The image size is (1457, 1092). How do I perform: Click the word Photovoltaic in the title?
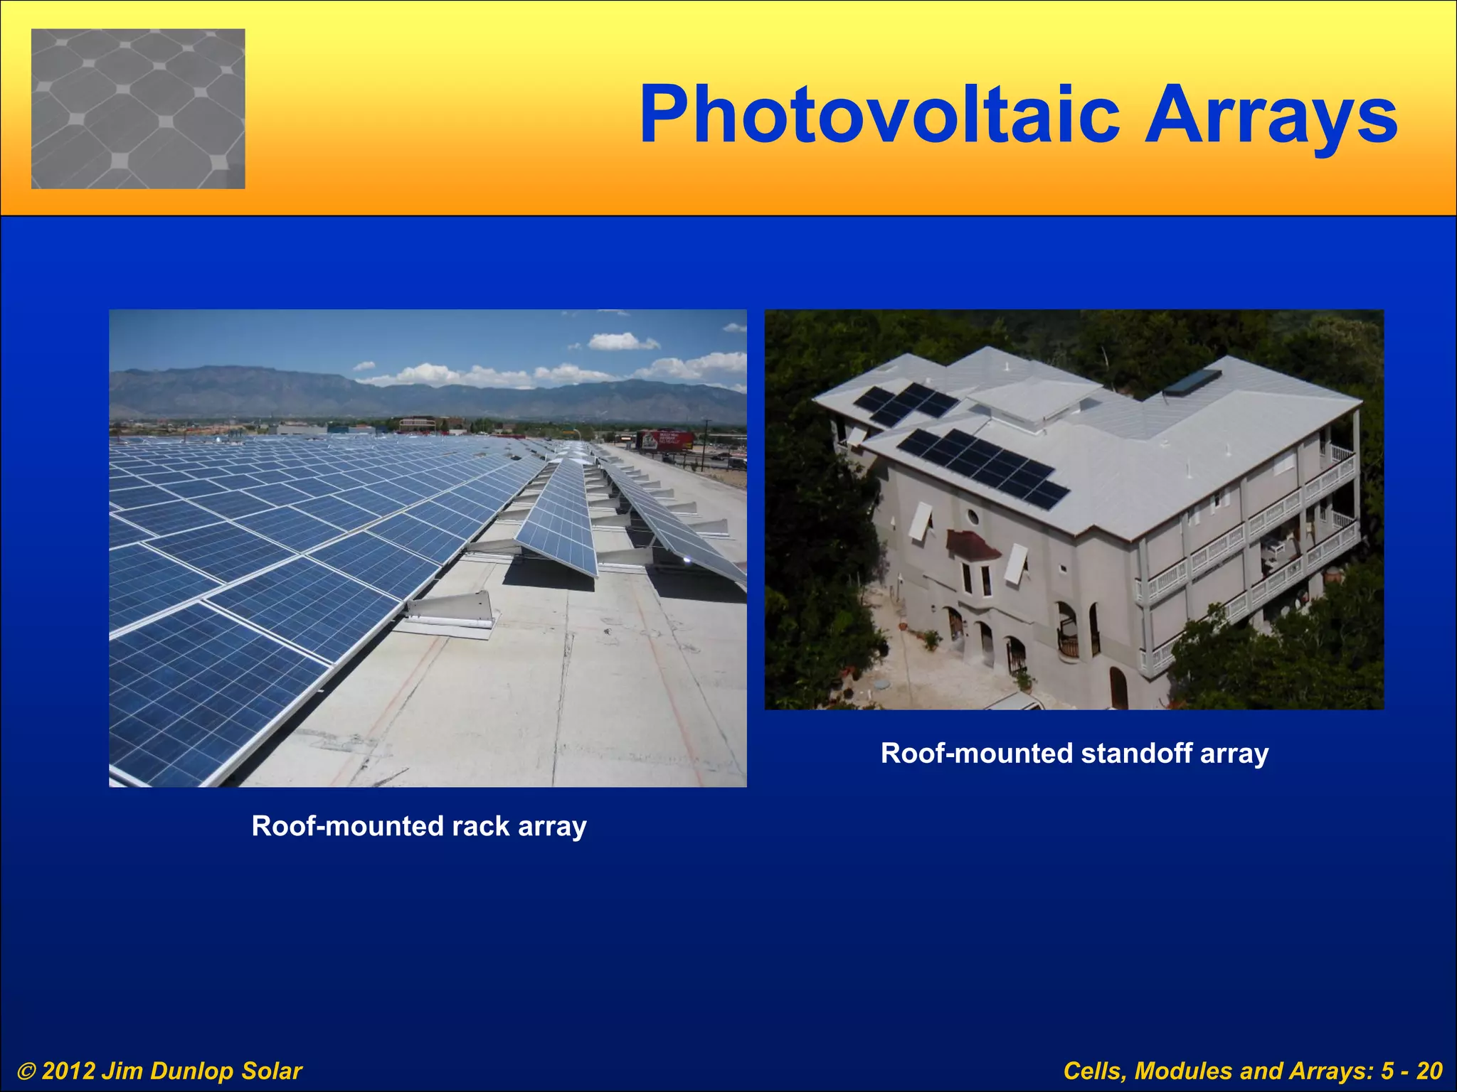click(x=880, y=115)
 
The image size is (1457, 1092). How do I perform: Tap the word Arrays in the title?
click(x=1271, y=115)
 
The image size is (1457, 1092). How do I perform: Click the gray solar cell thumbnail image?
click(x=138, y=109)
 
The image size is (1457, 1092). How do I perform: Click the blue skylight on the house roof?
click(x=1192, y=382)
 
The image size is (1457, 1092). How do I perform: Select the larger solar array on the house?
click(x=983, y=467)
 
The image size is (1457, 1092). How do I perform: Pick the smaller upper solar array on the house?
click(x=906, y=402)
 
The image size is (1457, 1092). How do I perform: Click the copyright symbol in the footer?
click(x=27, y=1071)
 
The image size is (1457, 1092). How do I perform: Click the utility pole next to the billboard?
click(x=706, y=444)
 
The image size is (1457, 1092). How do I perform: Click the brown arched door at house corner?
click(x=1118, y=687)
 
